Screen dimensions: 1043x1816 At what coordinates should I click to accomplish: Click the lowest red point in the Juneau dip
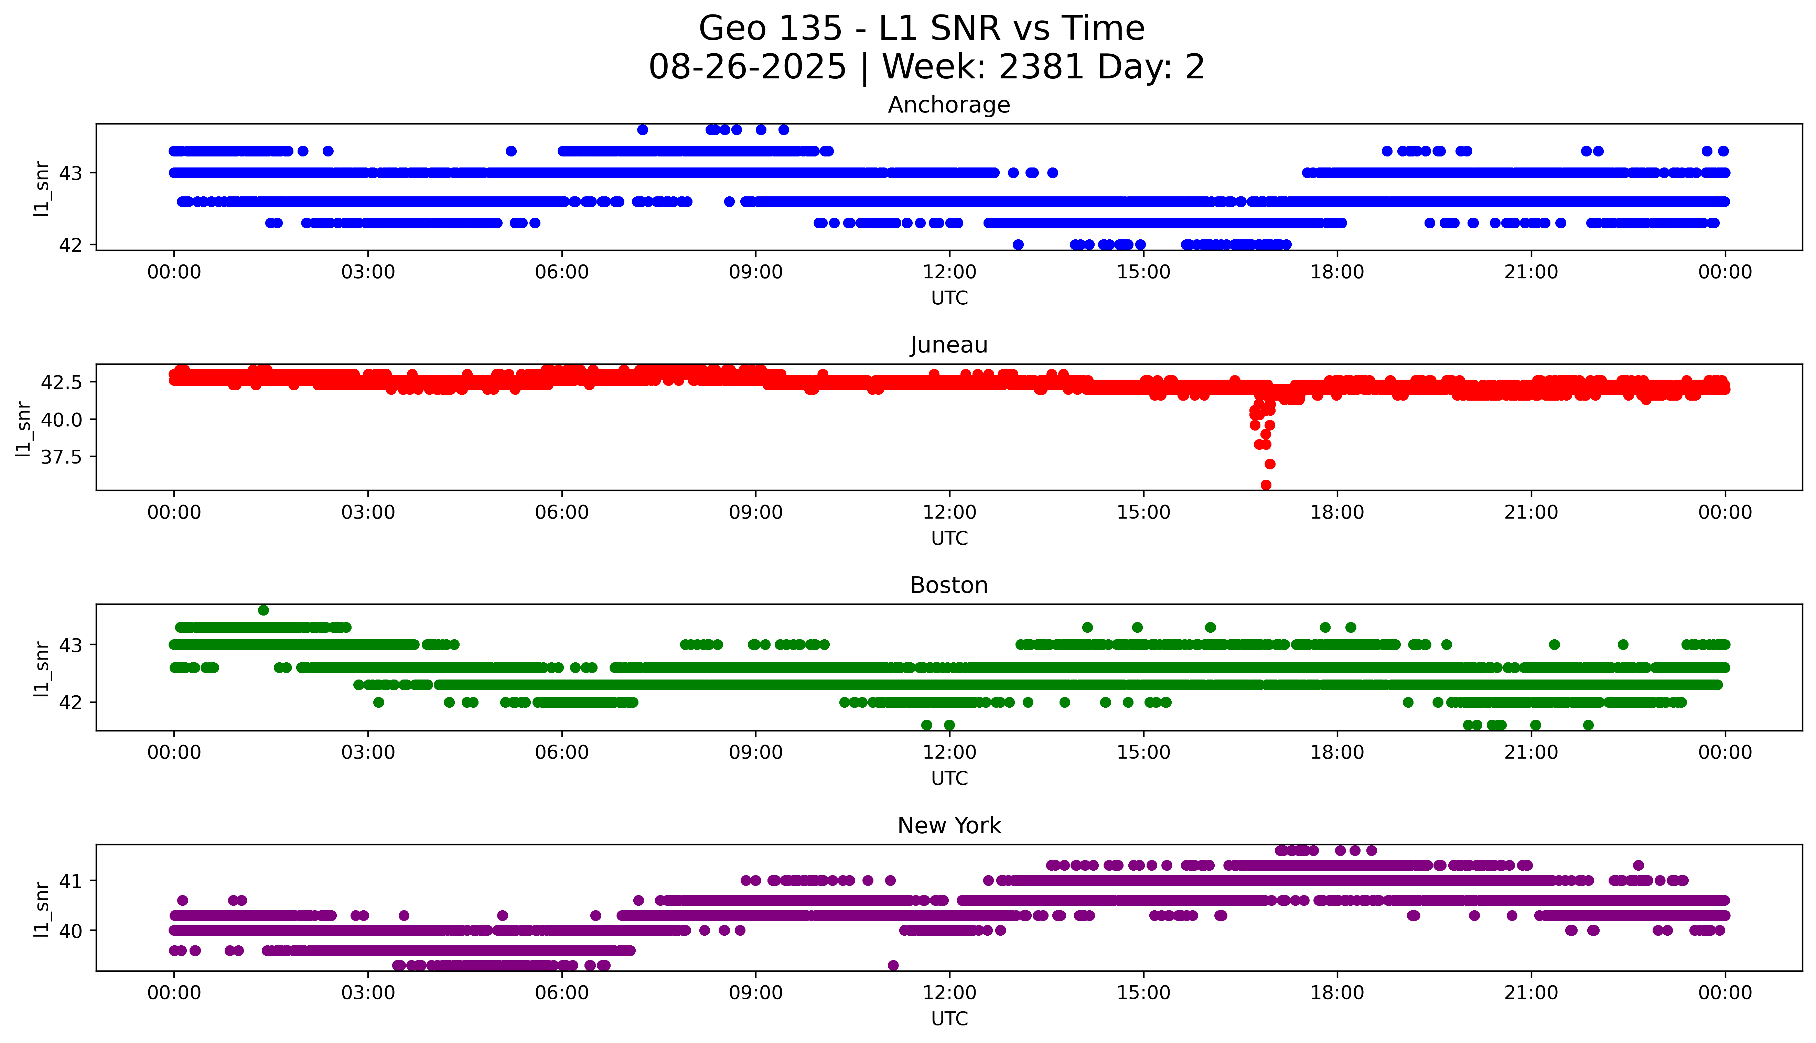pos(1266,485)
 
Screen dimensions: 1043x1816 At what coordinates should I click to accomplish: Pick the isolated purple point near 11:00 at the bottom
pos(893,965)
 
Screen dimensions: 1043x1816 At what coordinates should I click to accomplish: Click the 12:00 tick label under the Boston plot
pos(949,752)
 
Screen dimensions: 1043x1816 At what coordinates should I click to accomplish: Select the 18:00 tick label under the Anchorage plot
pos(1337,272)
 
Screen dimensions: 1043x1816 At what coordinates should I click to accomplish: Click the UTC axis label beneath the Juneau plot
pos(949,538)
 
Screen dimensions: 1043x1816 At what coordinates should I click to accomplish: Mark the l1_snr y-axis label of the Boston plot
pos(42,669)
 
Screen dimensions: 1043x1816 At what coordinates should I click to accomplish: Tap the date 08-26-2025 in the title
pos(747,67)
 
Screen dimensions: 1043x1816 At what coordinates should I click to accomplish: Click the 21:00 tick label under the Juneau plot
pos(1531,512)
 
